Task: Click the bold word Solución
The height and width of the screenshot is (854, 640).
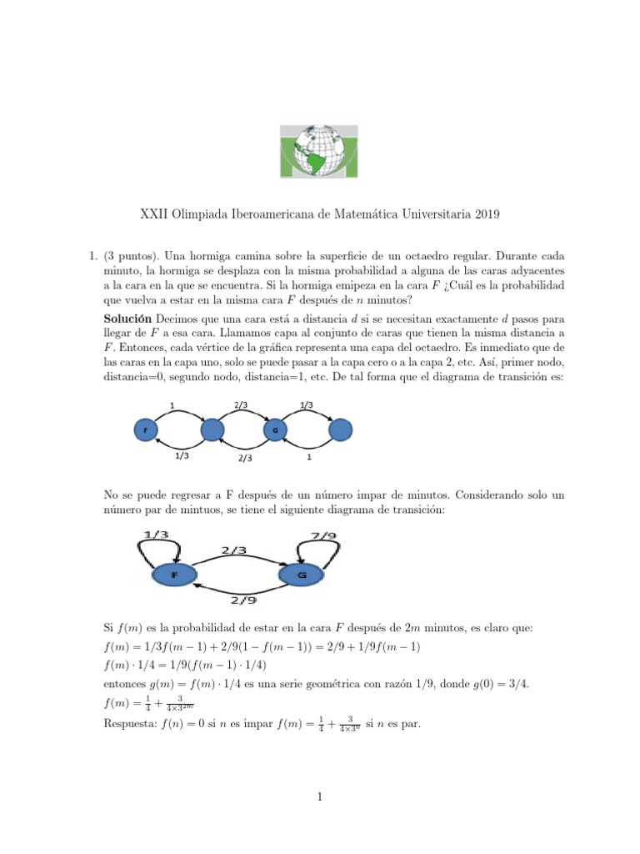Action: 127,319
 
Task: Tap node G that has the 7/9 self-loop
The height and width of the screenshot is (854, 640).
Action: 302,575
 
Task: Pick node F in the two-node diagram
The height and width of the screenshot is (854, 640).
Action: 174,575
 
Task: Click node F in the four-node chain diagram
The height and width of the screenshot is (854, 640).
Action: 147,430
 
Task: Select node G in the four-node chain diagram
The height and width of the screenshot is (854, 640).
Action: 275,430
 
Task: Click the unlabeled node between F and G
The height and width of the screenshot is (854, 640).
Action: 212,430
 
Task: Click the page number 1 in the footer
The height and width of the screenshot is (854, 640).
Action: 320,797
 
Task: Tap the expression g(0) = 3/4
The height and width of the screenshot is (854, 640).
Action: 499,684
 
